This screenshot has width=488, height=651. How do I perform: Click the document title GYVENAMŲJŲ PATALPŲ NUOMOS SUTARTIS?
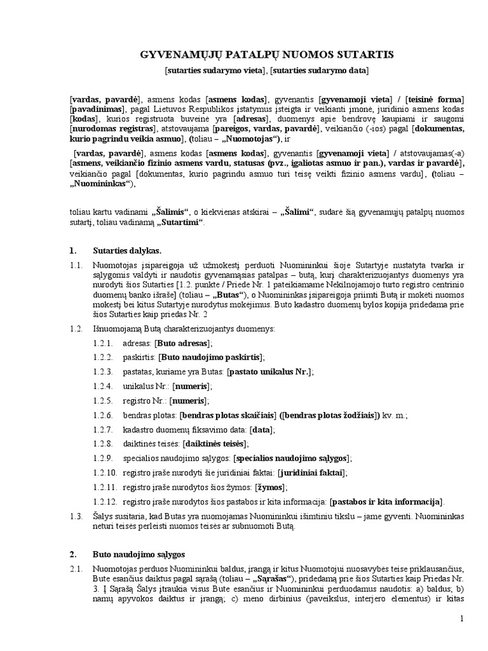(267, 55)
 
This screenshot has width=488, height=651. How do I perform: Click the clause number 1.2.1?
(102, 343)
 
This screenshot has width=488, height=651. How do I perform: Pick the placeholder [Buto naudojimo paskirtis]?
(210, 357)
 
